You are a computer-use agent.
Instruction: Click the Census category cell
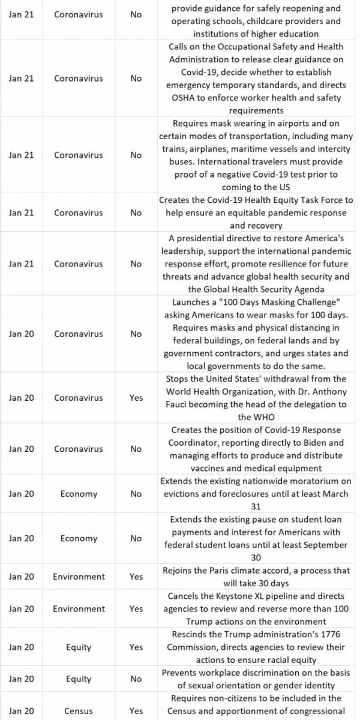[79, 710]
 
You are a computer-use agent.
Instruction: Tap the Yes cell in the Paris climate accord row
[136, 577]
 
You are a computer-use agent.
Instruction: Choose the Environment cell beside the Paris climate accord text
[79, 577]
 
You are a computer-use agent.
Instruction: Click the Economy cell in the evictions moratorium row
[79, 494]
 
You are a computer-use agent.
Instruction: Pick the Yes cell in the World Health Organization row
[136, 398]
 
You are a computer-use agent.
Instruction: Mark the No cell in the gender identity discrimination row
[136, 679]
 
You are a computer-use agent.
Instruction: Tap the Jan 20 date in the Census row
[22, 710]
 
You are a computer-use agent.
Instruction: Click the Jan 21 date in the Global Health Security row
[22, 264]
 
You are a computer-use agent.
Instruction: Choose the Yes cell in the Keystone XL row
[136, 608]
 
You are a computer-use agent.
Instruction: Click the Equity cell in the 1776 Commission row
[79, 647]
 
